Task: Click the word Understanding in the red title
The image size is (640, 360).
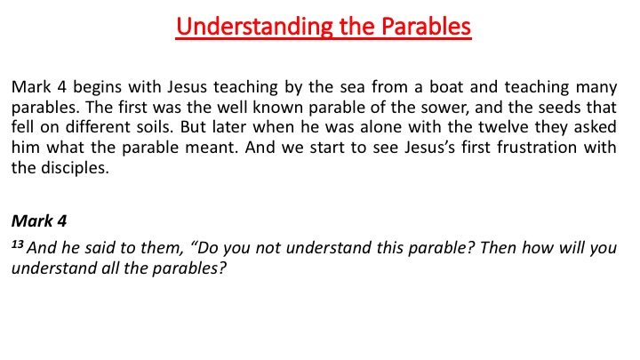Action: coord(255,27)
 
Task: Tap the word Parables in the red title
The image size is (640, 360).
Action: coord(426,26)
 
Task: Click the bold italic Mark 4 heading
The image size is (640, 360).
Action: coord(39,220)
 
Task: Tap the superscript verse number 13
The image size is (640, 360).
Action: coord(17,244)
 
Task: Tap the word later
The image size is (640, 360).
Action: coord(229,127)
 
